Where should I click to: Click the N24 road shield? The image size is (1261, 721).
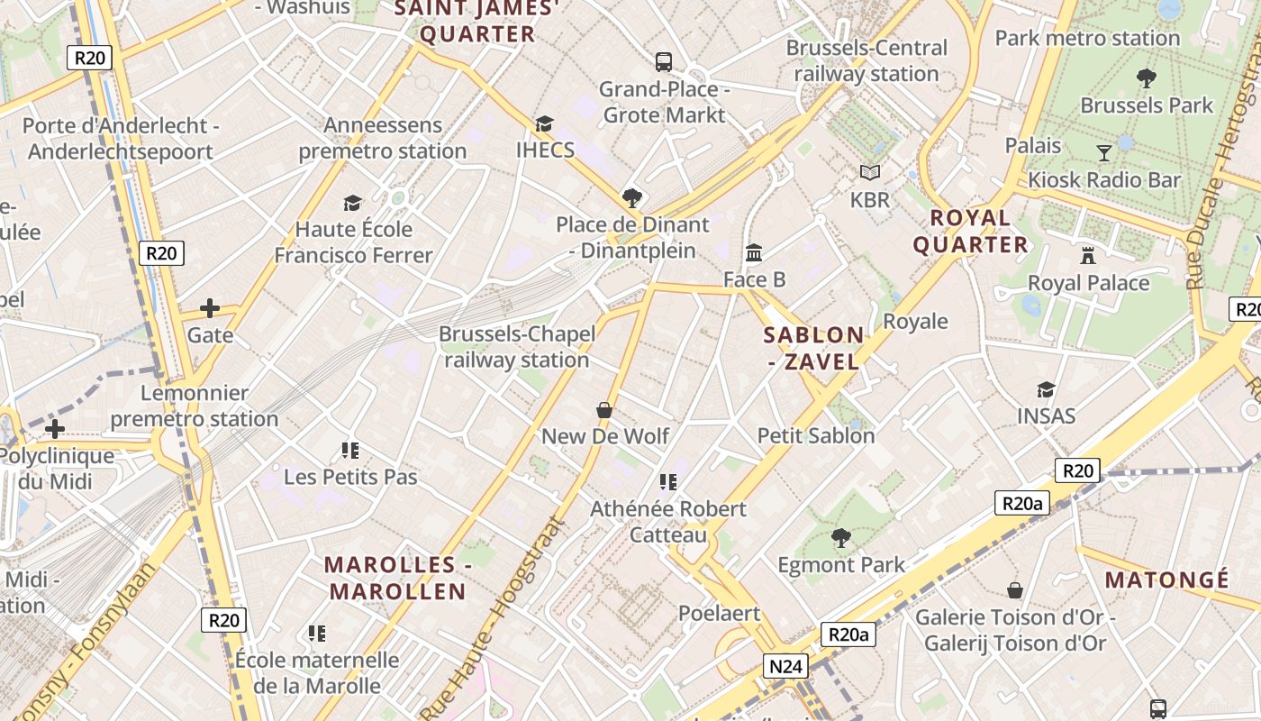(786, 667)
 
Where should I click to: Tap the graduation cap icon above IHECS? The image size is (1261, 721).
(544, 123)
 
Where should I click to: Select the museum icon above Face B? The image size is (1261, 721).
(754, 252)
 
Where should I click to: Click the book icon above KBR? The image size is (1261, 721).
(869, 172)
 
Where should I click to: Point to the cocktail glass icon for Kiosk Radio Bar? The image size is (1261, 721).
(1103, 152)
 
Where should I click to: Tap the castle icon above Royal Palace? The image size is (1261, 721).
(1088, 255)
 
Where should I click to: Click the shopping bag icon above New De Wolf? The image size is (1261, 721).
(604, 410)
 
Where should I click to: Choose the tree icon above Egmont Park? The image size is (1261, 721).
(841, 538)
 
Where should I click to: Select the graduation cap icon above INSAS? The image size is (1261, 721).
(1046, 389)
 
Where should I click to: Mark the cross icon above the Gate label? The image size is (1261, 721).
(210, 308)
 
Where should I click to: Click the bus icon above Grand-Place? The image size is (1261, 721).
(664, 62)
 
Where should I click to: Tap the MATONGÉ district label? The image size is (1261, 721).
(1166, 580)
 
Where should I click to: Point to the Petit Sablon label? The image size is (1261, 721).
(816, 436)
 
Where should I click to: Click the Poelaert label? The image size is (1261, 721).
(719, 614)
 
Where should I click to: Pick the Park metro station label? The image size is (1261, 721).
(1086, 39)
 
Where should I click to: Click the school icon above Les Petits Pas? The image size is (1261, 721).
(350, 450)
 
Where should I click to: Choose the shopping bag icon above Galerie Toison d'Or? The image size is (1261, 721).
(1015, 590)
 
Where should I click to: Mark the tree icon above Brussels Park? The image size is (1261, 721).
(1147, 78)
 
